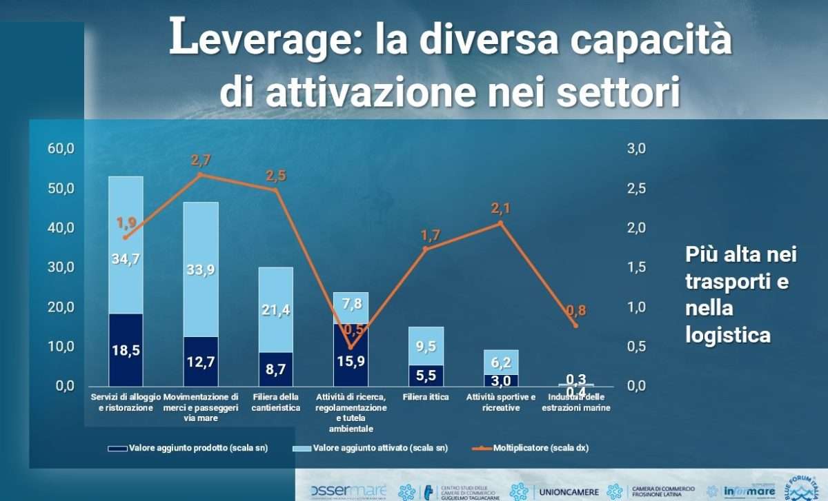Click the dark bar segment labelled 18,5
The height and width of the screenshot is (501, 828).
126,350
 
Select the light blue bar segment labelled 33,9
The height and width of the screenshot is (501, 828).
201,269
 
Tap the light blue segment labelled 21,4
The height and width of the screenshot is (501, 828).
275,310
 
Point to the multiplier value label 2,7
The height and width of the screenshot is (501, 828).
200,161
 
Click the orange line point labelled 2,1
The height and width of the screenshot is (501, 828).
500,223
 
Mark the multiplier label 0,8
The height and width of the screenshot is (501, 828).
576,311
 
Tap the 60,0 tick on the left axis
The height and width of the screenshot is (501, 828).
61,148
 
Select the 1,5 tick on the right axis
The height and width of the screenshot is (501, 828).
635,267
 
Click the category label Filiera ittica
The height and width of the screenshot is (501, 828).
426,397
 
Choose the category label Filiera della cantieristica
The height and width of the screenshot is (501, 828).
276,402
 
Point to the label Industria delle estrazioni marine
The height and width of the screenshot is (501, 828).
575,402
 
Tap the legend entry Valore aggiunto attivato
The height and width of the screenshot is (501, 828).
380,448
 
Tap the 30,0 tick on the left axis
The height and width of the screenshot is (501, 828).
61,267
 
